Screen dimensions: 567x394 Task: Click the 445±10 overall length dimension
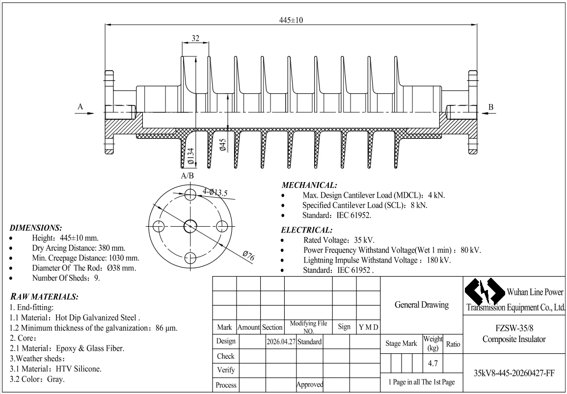(291, 20)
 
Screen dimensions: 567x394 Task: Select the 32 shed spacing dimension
(195, 38)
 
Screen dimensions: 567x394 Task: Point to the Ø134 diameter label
(190, 157)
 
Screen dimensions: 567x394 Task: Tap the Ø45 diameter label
(223, 145)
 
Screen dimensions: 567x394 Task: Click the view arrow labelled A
(84, 113)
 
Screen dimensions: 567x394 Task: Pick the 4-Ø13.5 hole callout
(215, 192)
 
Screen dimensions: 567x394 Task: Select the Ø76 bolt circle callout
(249, 256)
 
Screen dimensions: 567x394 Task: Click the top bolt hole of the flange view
(190, 195)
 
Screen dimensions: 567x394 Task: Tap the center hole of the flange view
(190, 227)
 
